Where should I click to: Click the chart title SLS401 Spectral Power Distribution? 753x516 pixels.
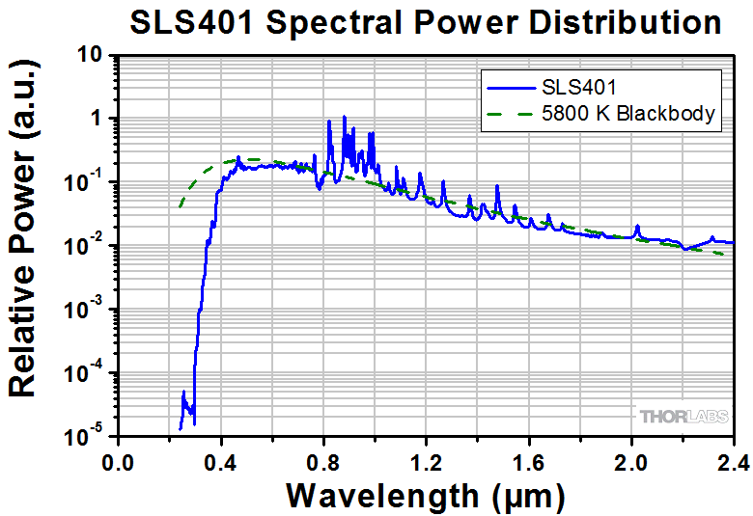[426, 23]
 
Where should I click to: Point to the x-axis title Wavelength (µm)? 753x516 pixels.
[425, 495]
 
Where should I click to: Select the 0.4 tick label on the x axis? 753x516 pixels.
[220, 462]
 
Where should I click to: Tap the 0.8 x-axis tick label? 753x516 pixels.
[322, 462]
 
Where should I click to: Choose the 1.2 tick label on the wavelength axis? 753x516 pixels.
[426, 462]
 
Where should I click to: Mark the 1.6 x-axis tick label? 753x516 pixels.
[528, 462]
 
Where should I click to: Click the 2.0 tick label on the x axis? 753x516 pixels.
[631, 462]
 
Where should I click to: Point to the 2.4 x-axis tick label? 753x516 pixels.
[732, 462]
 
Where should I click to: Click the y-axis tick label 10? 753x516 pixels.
[91, 56]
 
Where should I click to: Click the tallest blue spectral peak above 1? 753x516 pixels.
[344, 118]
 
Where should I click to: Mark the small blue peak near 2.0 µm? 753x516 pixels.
[637, 228]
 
